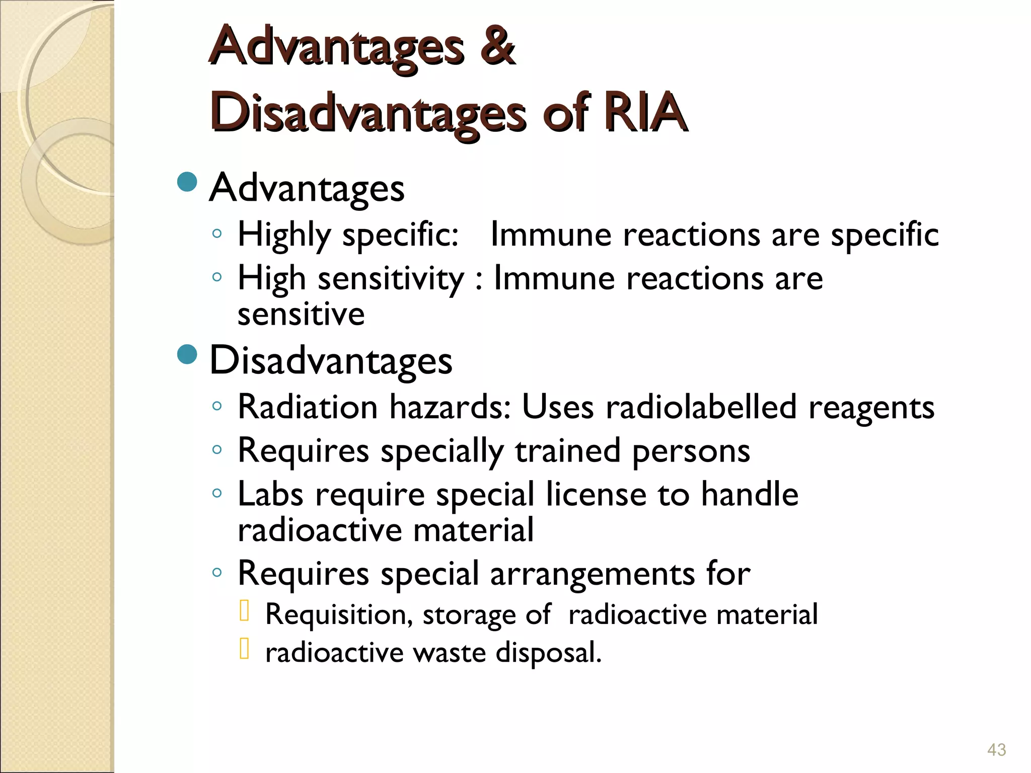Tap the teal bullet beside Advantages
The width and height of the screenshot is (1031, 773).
click(x=187, y=182)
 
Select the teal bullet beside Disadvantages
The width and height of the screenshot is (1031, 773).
click(x=187, y=354)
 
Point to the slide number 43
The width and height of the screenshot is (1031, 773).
click(x=996, y=750)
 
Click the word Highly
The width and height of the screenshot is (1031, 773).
click(x=284, y=236)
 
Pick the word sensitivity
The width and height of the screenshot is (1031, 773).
click(x=391, y=279)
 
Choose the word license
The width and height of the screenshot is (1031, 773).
click(x=596, y=494)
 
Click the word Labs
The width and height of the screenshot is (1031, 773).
click(x=270, y=494)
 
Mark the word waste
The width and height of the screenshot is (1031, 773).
click(x=449, y=653)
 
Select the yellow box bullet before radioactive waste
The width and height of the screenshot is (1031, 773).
click(x=245, y=649)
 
